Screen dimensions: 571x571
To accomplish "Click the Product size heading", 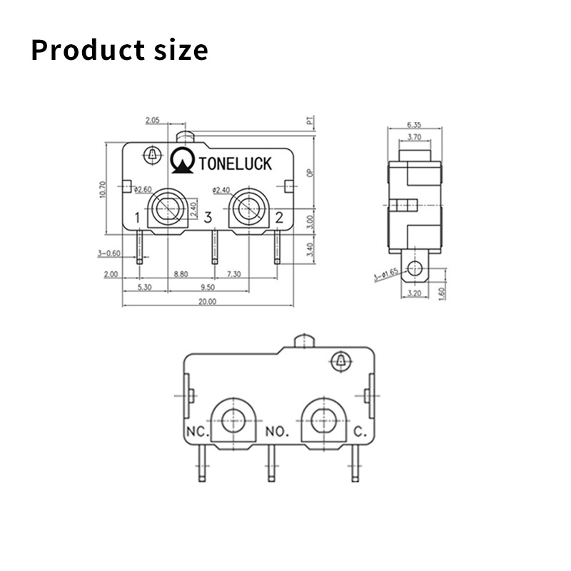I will tap(119, 50).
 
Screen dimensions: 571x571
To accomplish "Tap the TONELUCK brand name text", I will tap(236, 164).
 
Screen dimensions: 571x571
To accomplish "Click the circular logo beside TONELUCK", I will tap(183, 161).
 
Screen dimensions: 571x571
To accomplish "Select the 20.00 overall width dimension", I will tap(207, 302).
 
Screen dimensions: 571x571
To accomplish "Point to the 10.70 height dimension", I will tap(103, 188).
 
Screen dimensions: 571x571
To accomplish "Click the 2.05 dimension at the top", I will tap(152, 120).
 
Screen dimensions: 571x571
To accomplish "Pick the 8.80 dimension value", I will tap(181, 274).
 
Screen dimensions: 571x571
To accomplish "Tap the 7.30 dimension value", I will tap(233, 274).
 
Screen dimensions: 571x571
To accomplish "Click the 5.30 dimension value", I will tap(143, 288).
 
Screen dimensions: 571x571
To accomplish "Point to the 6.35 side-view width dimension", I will tap(413, 124).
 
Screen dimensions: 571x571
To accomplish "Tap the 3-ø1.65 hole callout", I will tap(385, 275).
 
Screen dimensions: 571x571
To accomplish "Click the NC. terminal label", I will tap(196, 432).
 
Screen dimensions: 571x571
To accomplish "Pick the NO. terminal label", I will tap(277, 432).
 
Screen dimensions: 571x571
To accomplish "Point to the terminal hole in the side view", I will tap(414, 268).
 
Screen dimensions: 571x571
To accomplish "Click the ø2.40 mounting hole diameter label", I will tap(223, 190).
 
